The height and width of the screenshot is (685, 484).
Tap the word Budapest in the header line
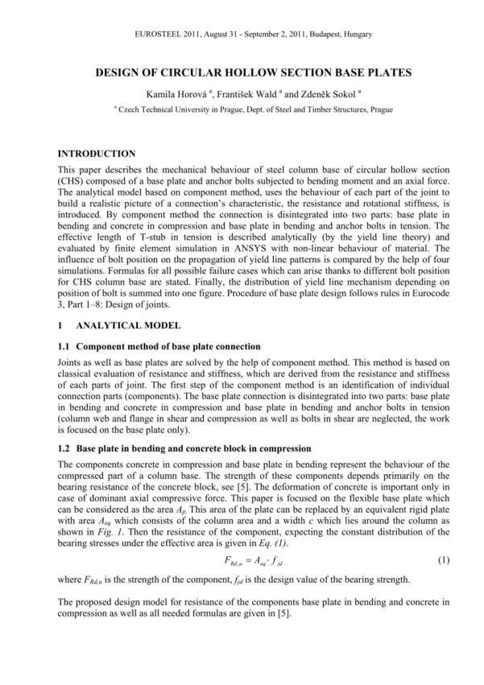pyautogui.click(x=308, y=35)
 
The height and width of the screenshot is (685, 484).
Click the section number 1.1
pyautogui.click(x=65, y=346)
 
